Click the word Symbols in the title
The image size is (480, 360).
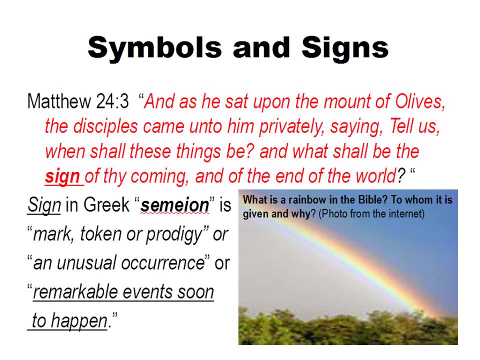click(154, 48)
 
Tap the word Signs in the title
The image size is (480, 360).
click(345, 48)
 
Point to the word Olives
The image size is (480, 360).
click(420, 101)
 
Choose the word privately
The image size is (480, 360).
click(291, 126)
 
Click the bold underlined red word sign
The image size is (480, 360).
click(62, 176)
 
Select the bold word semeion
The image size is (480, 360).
click(175, 205)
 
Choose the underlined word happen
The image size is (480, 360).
click(79, 321)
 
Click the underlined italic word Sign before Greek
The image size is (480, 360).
click(44, 205)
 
